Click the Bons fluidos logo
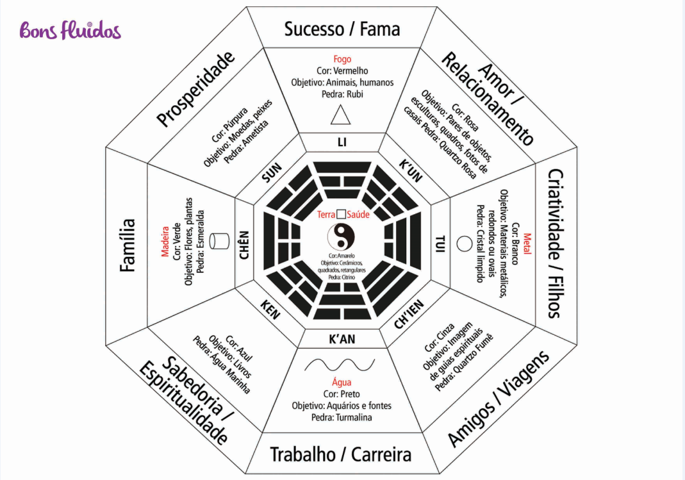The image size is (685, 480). pyautogui.click(x=70, y=29)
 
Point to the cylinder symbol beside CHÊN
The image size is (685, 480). pyautogui.click(x=221, y=241)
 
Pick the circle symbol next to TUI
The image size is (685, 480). pyautogui.click(x=462, y=243)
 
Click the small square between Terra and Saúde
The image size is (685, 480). pyautogui.click(x=342, y=215)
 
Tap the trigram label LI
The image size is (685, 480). pyautogui.click(x=342, y=142)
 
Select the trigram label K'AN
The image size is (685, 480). pyautogui.click(x=342, y=339)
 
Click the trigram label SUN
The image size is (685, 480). pyautogui.click(x=272, y=172)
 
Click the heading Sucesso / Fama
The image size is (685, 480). pyautogui.click(x=342, y=29)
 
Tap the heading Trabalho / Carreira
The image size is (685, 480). pyautogui.click(x=340, y=454)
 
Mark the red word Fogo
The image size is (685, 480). pyautogui.click(x=342, y=59)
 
